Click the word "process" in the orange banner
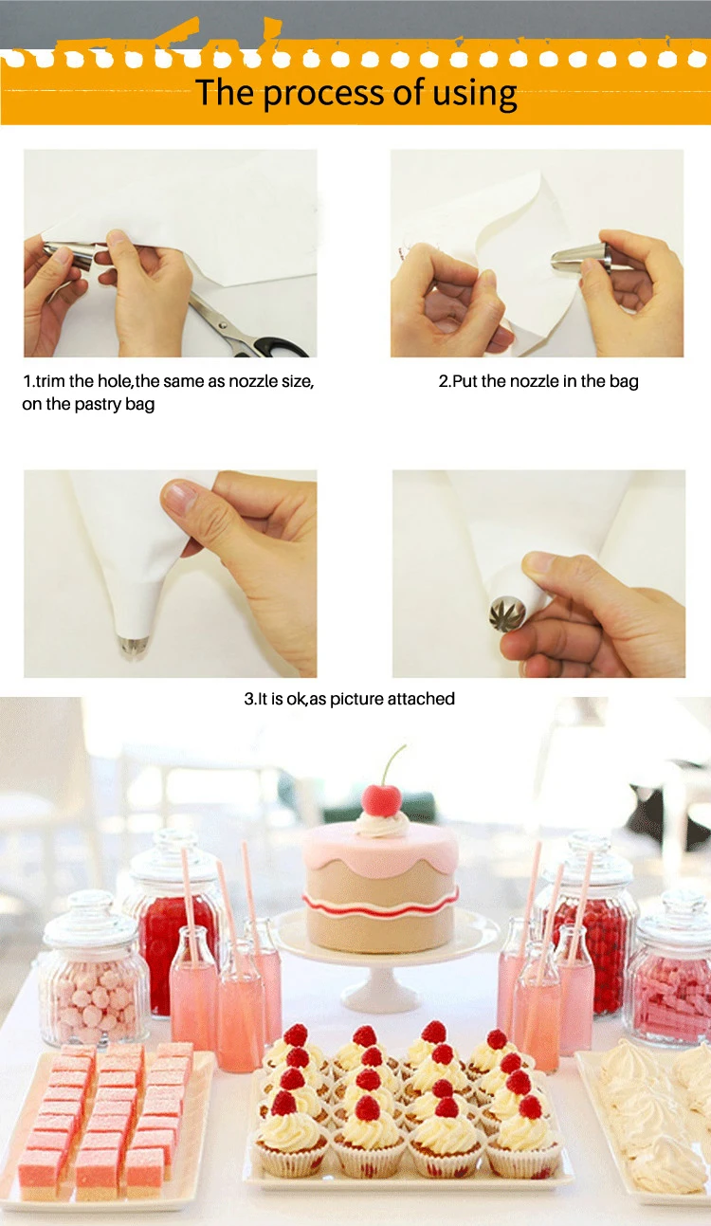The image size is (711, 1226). pyautogui.click(x=324, y=93)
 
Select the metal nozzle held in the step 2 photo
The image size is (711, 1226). pyautogui.click(x=581, y=257)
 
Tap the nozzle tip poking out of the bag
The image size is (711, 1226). pyautogui.click(x=133, y=647)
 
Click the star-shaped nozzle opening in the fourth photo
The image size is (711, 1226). pyautogui.click(x=507, y=613)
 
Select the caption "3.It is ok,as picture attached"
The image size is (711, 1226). pyautogui.click(x=349, y=699)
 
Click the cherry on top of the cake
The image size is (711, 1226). pyautogui.click(x=381, y=800)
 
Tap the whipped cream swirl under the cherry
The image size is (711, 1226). pyautogui.click(x=381, y=825)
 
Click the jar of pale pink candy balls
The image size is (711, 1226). pyautogui.click(x=94, y=970)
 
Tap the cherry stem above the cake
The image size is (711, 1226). pyautogui.click(x=393, y=764)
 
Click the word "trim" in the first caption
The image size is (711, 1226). pyautogui.click(x=50, y=381)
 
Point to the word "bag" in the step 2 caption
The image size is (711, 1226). pyautogui.click(x=624, y=382)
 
